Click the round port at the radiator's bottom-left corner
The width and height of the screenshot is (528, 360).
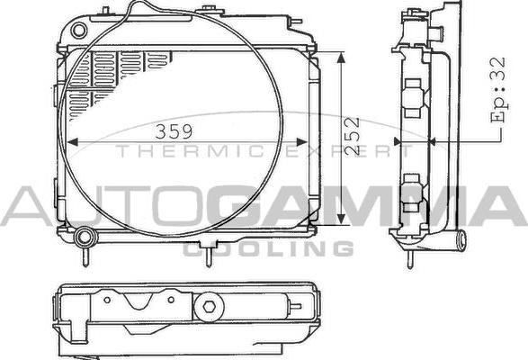click(x=85, y=238)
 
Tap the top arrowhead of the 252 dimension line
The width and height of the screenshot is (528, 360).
click(x=341, y=56)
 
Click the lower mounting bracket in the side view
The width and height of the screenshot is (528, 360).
click(x=414, y=189)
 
